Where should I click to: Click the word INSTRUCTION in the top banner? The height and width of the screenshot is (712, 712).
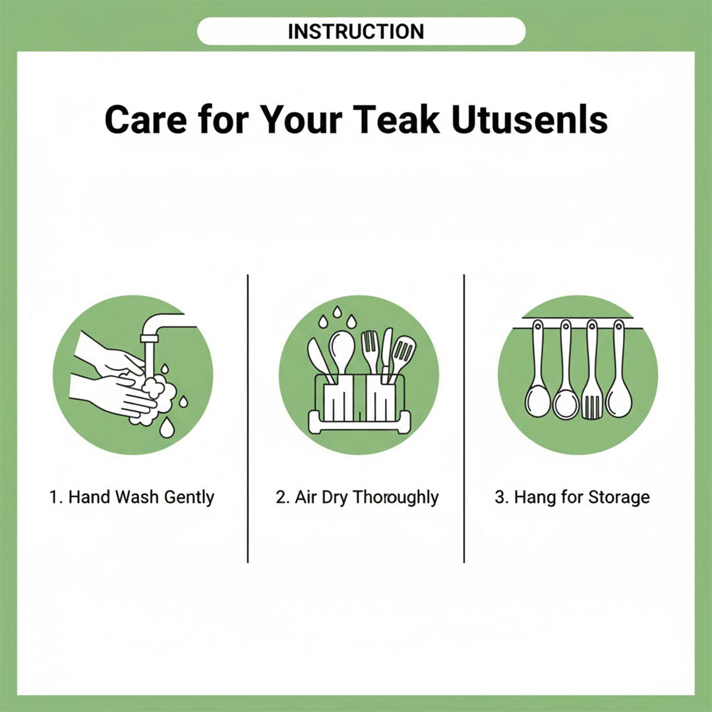[356, 32]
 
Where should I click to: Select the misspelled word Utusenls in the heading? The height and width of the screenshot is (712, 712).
[530, 119]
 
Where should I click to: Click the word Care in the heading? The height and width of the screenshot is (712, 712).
[146, 119]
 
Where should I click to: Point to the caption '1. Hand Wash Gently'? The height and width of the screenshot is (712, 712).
[132, 497]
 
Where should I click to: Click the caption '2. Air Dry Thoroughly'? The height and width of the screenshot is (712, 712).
[357, 497]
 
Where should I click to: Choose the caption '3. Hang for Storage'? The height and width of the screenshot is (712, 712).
[572, 497]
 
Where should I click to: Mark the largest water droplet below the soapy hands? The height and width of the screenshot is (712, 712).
[167, 428]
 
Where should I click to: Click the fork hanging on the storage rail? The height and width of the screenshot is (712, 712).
[592, 369]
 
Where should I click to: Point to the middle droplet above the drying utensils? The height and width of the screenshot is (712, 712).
[337, 312]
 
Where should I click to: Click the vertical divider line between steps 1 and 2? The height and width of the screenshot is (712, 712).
[248, 419]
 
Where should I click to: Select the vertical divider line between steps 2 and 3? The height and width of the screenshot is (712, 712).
[464, 419]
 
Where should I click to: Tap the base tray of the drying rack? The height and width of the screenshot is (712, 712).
[359, 423]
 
